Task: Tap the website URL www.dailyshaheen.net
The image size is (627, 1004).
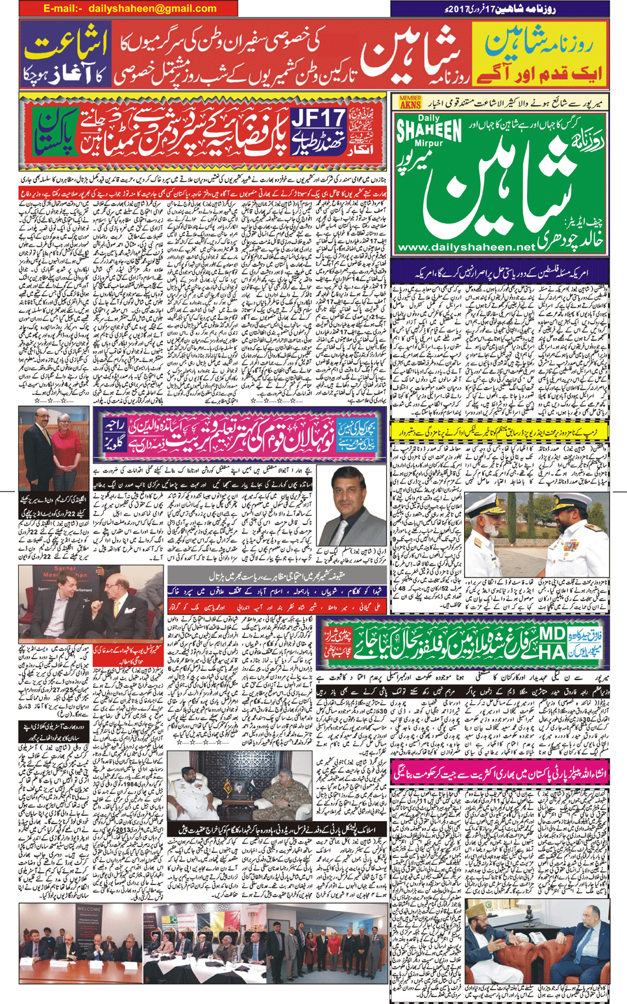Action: pos(467,247)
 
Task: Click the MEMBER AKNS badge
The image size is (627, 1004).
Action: pos(410,102)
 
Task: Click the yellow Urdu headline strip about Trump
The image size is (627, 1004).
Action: pos(499,431)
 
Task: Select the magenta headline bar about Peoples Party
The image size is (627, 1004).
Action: pos(500,772)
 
